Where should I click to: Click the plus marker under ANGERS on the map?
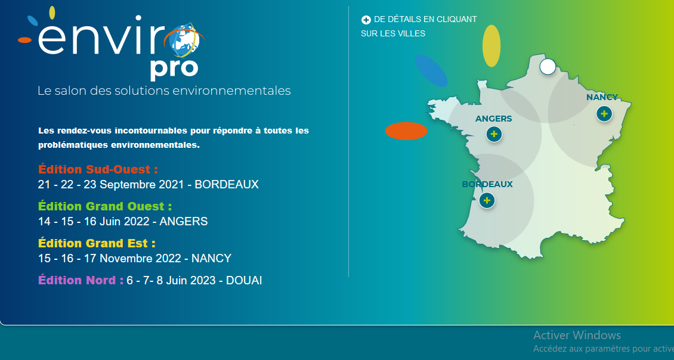pyautogui.click(x=494, y=134)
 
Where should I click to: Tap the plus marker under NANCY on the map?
pyautogui.click(x=604, y=113)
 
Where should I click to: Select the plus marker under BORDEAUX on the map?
pyautogui.click(x=487, y=200)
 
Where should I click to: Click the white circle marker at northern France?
pyautogui.click(x=548, y=67)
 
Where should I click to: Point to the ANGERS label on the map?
pyautogui.click(x=493, y=119)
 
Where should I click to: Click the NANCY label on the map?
pyautogui.click(x=602, y=97)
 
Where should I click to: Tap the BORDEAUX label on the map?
pyautogui.click(x=487, y=184)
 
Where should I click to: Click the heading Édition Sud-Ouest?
pyautogui.click(x=98, y=169)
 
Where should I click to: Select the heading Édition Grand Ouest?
pyautogui.click(x=105, y=206)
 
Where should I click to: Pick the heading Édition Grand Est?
pyautogui.click(x=97, y=243)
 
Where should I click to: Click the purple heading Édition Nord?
pyautogui.click(x=81, y=280)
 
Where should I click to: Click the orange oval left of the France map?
pyautogui.click(x=406, y=131)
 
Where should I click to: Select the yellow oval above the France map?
pyautogui.click(x=491, y=46)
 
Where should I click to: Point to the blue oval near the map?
pyautogui.click(x=431, y=70)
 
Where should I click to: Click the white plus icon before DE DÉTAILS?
pyautogui.click(x=366, y=20)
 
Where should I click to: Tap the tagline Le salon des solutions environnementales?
pyautogui.click(x=164, y=91)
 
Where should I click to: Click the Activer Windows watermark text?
pyautogui.click(x=577, y=335)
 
